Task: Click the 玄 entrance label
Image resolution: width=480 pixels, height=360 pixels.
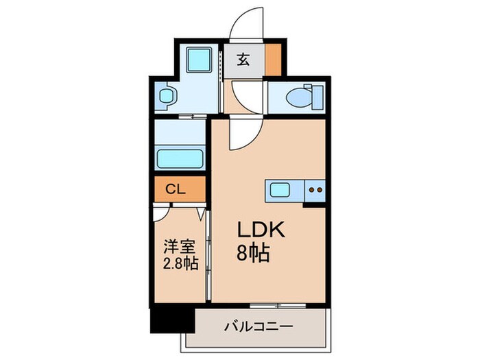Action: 243,59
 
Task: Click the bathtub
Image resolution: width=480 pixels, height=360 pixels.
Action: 180,157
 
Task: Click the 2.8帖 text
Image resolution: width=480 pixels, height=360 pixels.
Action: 180,263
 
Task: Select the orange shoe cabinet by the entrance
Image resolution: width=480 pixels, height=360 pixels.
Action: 274,60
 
